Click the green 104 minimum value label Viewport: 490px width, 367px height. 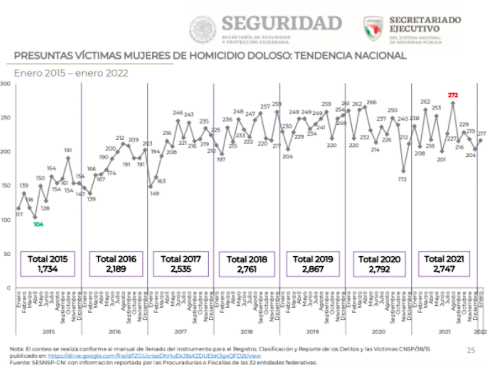click(x=38, y=224)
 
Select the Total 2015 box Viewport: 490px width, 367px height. click(x=48, y=264)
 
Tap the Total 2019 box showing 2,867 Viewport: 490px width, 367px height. click(x=312, y=264)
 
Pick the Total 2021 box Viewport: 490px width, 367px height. click(x=444, y=264)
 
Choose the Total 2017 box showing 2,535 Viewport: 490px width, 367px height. click(x=181, y=264)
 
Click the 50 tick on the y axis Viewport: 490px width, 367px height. click(x=7, y=254)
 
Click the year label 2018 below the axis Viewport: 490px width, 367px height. click(x=246, y=332)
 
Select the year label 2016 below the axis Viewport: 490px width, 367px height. click(x=114, y=332)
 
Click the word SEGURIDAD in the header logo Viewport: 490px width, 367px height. click(x=282, y=24)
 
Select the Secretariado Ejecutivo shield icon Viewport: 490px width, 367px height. click(x=373, y=28)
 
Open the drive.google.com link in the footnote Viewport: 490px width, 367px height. click(x=149, y=356)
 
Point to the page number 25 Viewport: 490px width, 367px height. click(x=471, y=350)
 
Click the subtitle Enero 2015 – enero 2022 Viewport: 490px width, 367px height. click(x=71, y=73)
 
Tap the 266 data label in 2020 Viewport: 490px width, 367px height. click(x=371, y=102)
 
